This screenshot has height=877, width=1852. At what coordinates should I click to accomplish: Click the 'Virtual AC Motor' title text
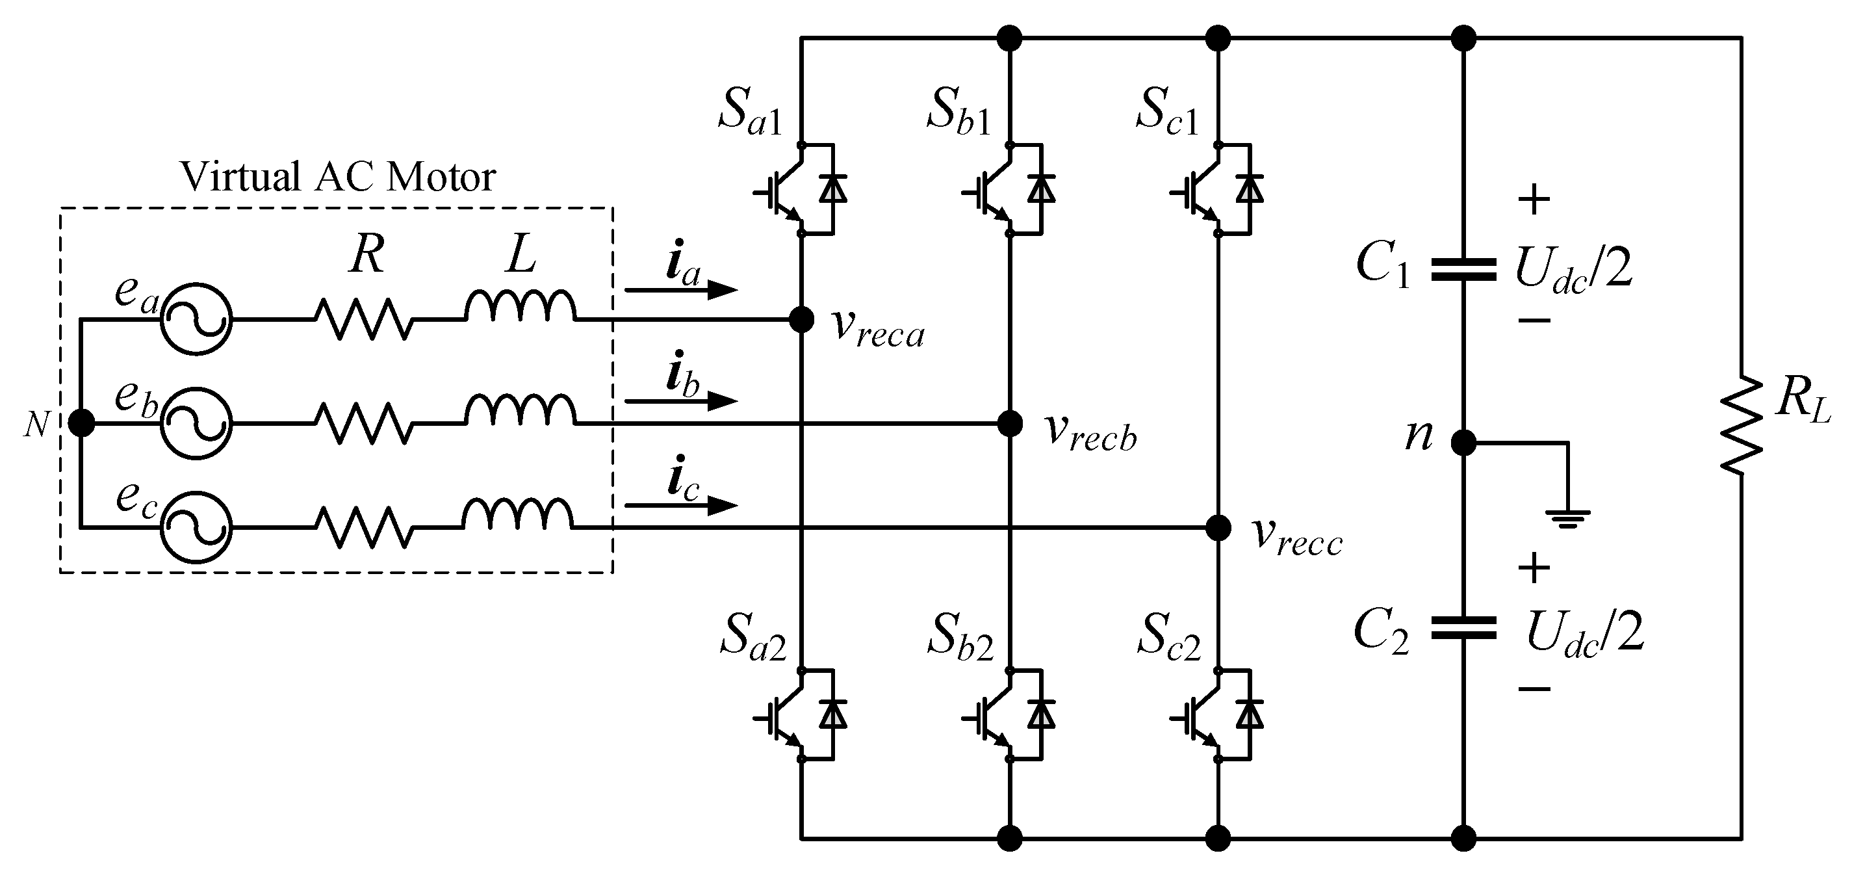coord(337,177)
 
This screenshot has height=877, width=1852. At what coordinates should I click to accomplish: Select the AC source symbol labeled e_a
coord(196,319)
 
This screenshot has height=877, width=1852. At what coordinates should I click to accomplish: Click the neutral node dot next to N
coord(81,423)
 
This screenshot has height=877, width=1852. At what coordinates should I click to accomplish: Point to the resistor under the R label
coord(364,319)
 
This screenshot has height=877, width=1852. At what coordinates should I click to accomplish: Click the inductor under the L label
coord(521,308)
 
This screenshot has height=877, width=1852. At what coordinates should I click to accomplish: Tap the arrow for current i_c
coord(681,506)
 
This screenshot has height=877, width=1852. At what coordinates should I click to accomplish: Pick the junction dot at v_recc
coord(1218,528)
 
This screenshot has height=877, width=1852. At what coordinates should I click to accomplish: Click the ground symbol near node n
coord(1567,517)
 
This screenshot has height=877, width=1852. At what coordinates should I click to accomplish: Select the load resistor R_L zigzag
coord(1742,426)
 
